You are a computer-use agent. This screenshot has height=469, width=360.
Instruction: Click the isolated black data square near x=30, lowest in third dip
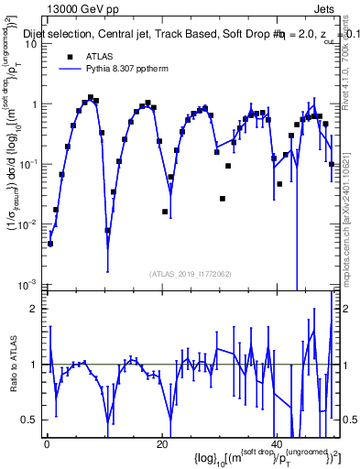pos(223,199)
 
